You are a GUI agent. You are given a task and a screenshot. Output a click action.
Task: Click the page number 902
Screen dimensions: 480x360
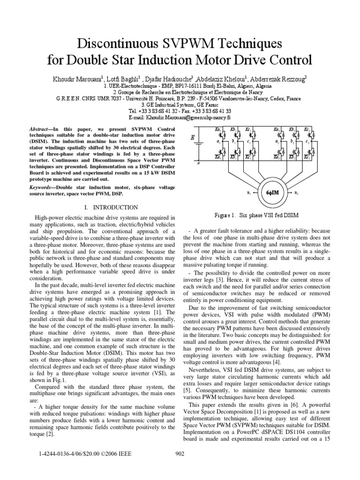180,453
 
